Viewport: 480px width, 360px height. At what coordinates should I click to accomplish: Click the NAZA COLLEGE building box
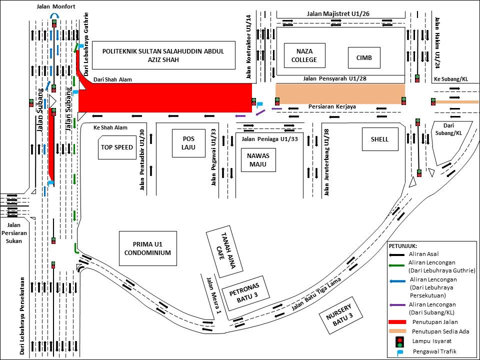(x=304, y=55)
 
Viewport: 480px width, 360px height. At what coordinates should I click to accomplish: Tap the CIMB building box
(x=364, y=57)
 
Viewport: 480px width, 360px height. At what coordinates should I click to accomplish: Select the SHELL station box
(x=380, y=139)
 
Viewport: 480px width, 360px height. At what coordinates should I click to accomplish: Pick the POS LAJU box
(x=188, y=143)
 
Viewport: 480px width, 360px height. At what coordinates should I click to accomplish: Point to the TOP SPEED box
(x=117, y=147)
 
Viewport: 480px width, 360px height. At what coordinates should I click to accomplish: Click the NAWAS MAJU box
(x=258, y=160)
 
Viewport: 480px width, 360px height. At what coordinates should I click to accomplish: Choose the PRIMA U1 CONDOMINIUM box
(x=148, y=248)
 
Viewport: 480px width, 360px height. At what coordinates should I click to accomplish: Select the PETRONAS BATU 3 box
(x=245, y=293)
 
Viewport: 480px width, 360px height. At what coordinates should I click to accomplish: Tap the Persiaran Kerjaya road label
(x=332, y=107)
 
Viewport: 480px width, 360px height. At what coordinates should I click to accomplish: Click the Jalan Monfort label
(x=55, y=6)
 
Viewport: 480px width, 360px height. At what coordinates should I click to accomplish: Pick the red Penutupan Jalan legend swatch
(x=397, y=322)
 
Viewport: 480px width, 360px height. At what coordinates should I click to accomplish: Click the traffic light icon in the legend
(x=399, y=341)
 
